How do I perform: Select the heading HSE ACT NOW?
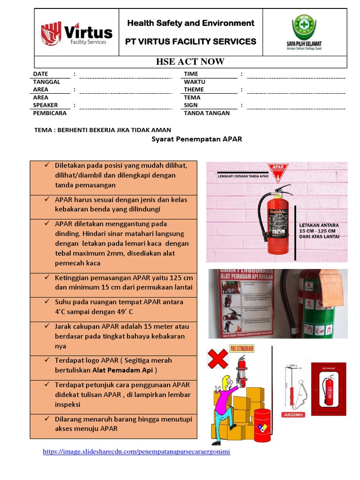coord(190,62)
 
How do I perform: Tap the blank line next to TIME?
coord(296,76)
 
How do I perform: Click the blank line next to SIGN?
coord(296,107)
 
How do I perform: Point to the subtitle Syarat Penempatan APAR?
coord(196,139)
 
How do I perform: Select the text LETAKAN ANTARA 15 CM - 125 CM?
coord(319,231)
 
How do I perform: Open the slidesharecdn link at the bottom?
coord(136,452)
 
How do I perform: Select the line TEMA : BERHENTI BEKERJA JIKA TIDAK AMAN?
coord(103,130)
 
